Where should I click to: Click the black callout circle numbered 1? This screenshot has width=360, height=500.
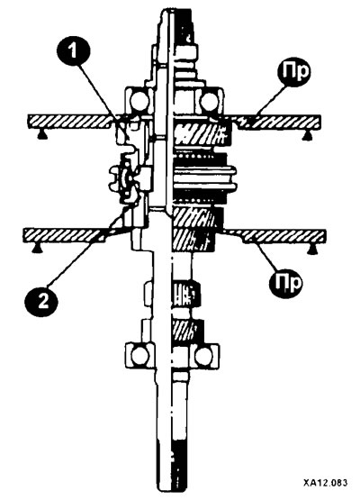74,50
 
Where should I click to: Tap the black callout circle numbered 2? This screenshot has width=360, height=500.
41,301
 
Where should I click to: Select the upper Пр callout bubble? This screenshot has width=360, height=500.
293,72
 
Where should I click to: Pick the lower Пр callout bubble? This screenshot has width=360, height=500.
286,283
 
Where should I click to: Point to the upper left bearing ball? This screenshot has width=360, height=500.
139,102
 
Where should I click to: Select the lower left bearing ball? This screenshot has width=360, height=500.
139,357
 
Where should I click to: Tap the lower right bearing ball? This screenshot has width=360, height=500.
204,357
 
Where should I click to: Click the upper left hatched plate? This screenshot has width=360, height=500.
70,123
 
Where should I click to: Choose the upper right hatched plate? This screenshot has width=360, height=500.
278,123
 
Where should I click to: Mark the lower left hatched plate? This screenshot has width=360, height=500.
65,236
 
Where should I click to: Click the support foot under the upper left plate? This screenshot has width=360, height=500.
40,135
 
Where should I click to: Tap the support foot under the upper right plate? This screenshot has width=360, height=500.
307,135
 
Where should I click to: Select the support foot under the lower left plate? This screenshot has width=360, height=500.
36,249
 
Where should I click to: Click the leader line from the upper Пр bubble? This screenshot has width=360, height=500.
269,99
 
